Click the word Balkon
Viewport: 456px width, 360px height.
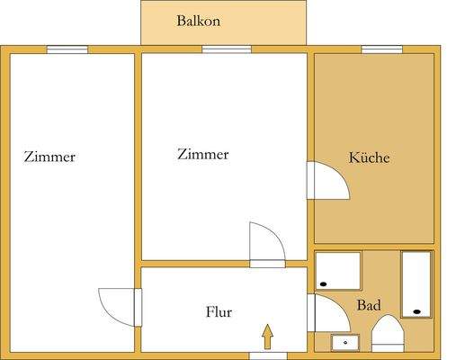coord(198,21)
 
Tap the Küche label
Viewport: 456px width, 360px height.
coord(369,157)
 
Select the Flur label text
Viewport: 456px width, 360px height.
coord(219,312)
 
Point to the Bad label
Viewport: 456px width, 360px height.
coord(368,306)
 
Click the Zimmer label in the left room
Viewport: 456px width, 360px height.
coord(49,157)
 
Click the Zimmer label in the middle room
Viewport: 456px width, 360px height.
coord(203,155)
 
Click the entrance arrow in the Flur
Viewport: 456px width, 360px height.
coord(267,337)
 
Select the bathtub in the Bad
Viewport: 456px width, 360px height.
coord(416,283)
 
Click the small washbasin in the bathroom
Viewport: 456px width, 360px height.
coord(344,341)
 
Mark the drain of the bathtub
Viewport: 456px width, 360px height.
coord(416,311)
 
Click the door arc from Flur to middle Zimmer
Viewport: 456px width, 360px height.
coord(267,241)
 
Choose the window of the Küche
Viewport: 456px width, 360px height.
coord(381,49)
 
